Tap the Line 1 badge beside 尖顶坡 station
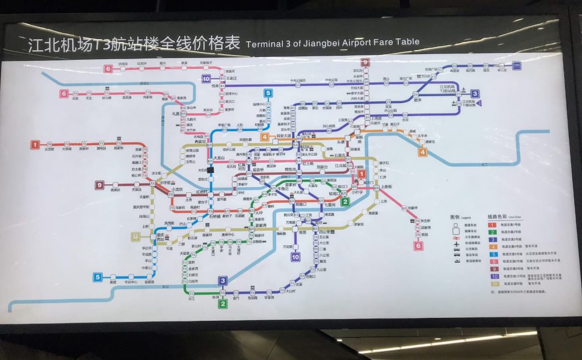click(35, 144)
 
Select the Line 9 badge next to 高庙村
click(100, 185)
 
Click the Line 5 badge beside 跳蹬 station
click(98, 278)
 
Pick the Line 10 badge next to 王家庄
click(206, 79)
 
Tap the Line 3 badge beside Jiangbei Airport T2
click(475, 94)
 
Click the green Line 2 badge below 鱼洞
click(223, 304)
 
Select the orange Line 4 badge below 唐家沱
click(422, 152)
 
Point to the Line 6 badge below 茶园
click(418, 246)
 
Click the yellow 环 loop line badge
click(135, 236)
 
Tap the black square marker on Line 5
click(210, 169)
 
